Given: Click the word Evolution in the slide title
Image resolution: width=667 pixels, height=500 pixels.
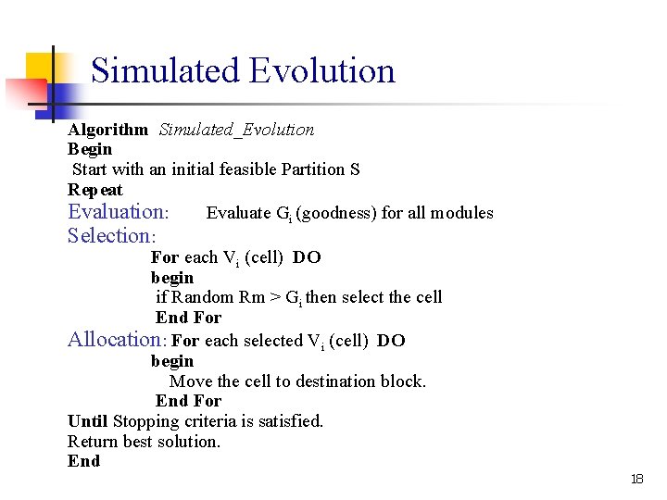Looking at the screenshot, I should click(x=322, y=71).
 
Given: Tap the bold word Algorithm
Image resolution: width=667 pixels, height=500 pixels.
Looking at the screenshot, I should click(x=107, y=130).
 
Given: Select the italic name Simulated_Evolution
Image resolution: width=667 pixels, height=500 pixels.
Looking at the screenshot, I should click(x=236, y=130).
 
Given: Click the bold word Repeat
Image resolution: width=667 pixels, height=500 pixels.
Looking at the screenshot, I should click(x=95, y=190).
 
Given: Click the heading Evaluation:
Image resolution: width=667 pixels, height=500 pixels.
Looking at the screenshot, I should click(x=118, y=212).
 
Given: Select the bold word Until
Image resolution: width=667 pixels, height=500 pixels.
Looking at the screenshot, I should click(x=88, y=421).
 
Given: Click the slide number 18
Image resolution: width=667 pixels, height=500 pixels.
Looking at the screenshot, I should click(x=636, y=479).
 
